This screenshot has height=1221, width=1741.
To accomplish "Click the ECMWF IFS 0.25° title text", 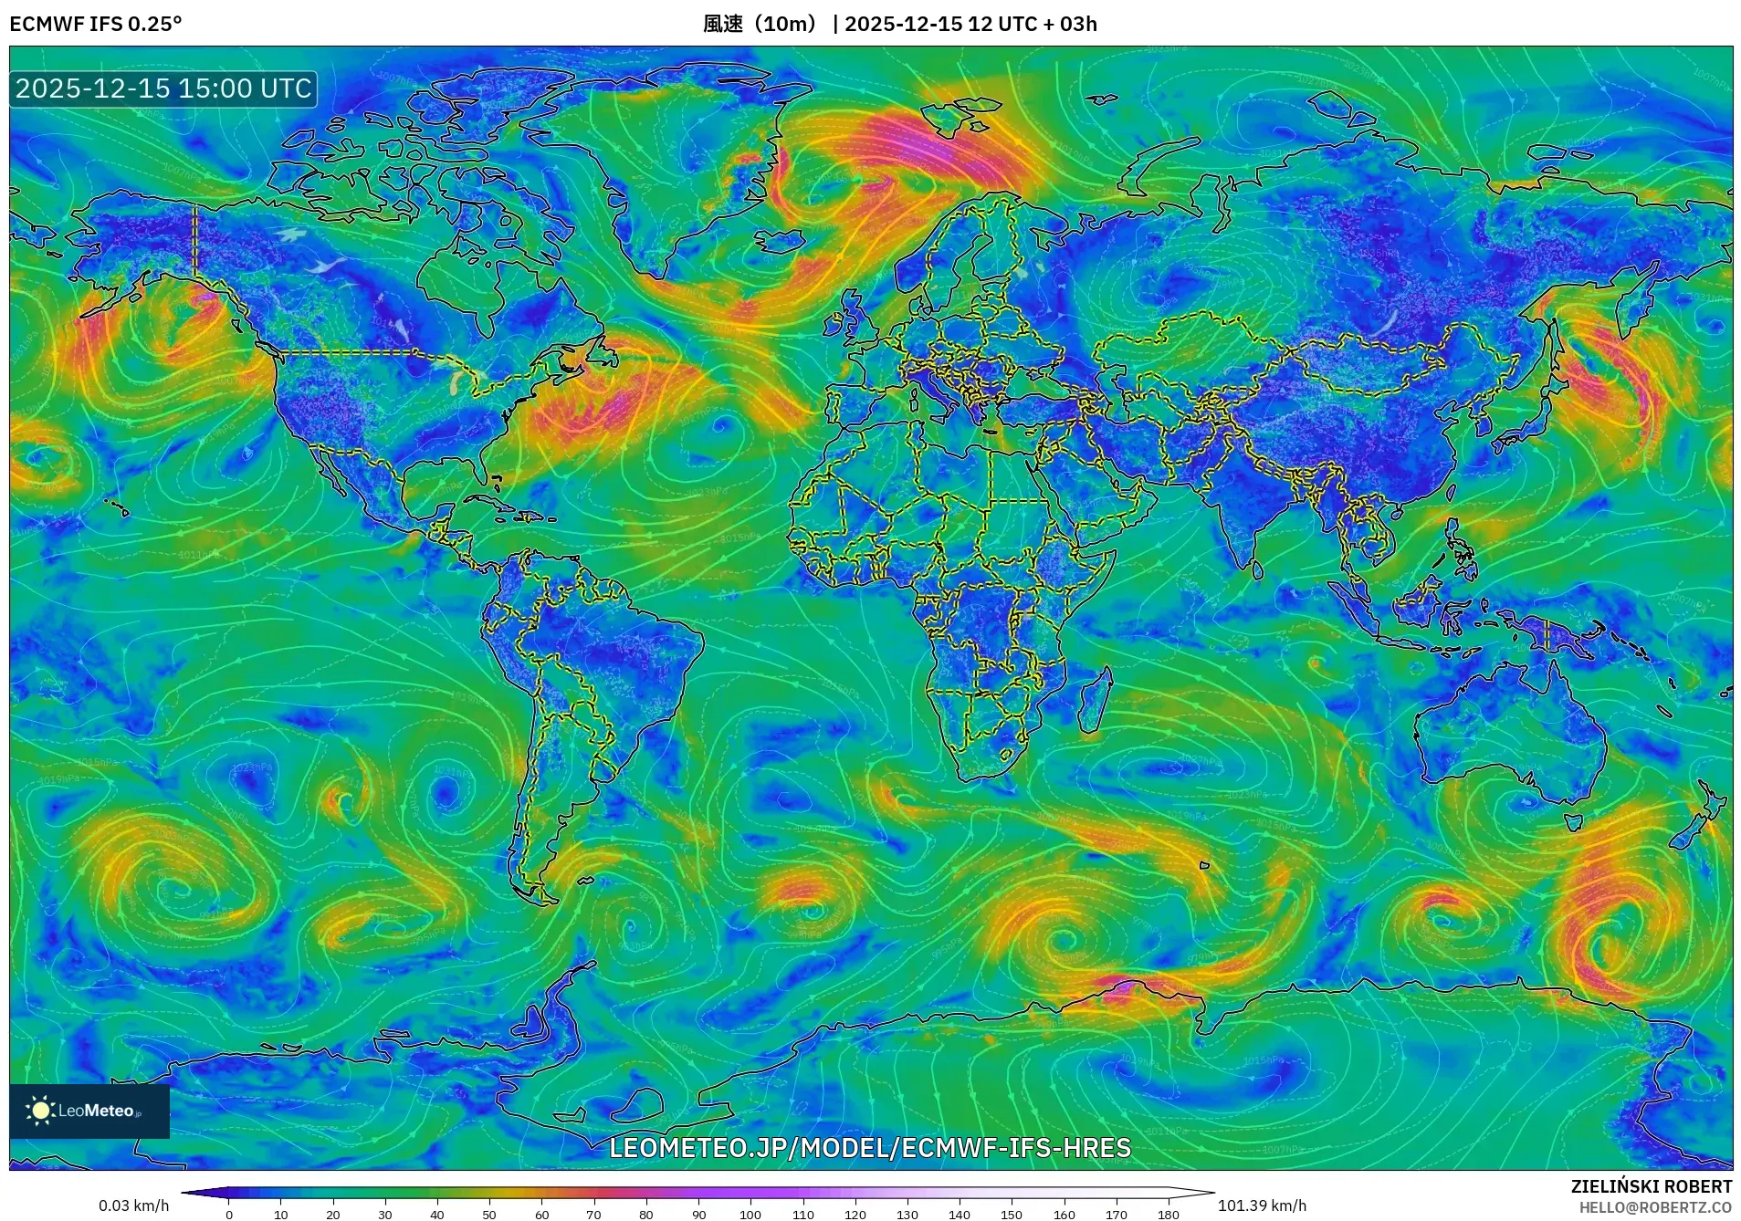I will coord(96,24).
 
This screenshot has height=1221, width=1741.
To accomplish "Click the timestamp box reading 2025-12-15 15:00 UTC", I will coord(163,89).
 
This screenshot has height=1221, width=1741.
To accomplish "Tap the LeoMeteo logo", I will coord(89,1111).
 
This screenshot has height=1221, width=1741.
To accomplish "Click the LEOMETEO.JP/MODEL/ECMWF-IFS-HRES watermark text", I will coord(870,1147).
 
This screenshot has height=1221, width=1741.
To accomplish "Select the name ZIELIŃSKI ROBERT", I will coord(1651,1186).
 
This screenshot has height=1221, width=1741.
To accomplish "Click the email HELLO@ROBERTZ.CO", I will coord(1655,1207).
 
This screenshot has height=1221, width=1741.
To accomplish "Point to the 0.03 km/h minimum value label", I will coord(133,1205).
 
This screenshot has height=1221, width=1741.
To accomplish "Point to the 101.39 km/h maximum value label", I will coord(1262,1205).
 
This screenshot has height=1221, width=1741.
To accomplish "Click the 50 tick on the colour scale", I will coord(489,1214).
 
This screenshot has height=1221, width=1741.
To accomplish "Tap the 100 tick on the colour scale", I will coord(750,1214).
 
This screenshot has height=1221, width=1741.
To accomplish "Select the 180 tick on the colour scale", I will coord(1168,1214).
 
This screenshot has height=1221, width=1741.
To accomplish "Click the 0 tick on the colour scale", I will coord(229,1214).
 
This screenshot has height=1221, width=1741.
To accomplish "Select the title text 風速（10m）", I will coord(761,24).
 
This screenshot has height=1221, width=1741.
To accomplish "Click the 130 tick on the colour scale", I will coord(907,1214).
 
